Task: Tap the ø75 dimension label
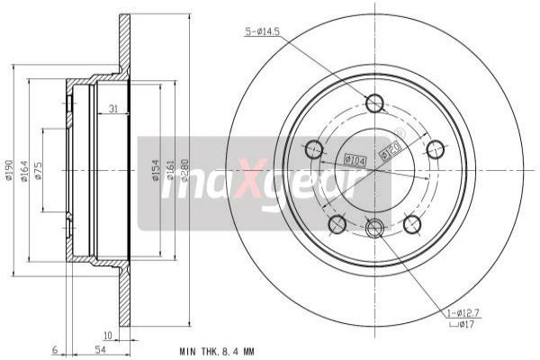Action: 38,171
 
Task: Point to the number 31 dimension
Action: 112,110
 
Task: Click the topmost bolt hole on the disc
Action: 375,103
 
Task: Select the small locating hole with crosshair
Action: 375,229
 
